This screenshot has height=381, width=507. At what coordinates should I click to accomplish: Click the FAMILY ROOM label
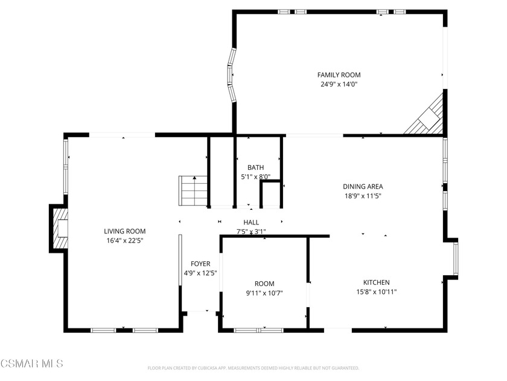339,75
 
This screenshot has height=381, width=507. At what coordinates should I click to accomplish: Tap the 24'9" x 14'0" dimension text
339,85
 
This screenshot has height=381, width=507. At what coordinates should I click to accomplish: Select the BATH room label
255,168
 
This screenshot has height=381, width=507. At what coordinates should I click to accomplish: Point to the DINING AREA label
363,187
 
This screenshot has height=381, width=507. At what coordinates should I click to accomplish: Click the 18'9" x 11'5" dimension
363,196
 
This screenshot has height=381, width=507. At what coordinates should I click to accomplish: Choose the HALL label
251,223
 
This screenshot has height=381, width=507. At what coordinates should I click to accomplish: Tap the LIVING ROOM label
124,231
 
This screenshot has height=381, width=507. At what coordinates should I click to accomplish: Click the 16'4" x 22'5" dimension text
124,240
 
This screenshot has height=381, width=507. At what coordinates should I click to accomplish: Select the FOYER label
200,264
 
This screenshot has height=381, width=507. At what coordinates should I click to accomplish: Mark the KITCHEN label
376,282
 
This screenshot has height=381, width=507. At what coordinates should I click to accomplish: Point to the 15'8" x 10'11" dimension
376,291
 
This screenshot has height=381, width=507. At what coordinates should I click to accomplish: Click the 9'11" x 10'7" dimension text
264,293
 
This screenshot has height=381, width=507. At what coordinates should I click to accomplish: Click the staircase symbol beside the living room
193,191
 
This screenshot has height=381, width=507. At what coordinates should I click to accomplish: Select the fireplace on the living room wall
59,227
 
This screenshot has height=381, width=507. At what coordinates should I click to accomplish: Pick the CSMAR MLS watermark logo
31,363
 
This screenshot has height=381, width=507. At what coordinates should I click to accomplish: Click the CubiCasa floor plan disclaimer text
253,368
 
